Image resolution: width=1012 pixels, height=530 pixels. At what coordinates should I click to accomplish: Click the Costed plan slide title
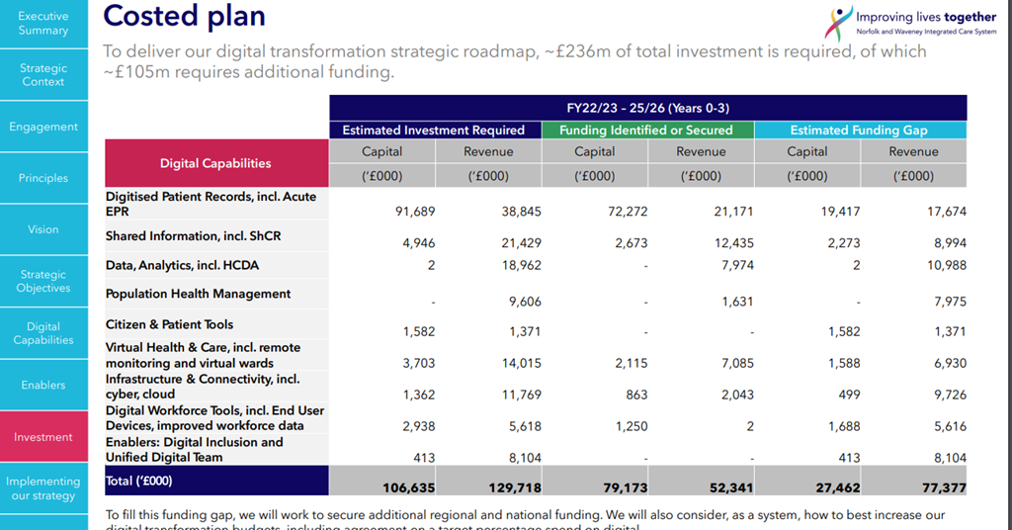(184, 17)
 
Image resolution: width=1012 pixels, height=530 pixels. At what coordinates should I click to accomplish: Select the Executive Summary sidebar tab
(43, 24)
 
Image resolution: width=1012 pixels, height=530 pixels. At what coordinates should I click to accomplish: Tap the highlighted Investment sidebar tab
(43, 437)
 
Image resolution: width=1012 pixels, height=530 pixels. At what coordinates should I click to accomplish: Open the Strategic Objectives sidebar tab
(43, 282)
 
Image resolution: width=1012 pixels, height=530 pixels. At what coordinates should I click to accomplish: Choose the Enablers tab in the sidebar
(43, 385)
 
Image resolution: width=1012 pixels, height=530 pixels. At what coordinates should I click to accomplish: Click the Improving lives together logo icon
(839, 22)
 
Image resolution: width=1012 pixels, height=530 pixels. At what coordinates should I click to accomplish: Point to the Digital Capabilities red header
(215, 163)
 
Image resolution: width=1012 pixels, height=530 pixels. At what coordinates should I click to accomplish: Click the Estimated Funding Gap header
(860, 130)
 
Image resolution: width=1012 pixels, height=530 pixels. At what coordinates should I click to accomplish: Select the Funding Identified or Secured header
(646, 130)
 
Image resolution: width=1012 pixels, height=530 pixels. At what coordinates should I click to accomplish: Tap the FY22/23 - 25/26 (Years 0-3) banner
(647, 108)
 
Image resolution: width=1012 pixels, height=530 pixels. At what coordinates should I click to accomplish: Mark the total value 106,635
(408, 487)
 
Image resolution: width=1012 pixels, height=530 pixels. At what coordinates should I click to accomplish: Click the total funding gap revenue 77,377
(940, 487)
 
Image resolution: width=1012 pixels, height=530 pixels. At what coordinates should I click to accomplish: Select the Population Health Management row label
(198, 294)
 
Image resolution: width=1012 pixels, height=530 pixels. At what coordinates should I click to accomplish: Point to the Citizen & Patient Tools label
(169, 324)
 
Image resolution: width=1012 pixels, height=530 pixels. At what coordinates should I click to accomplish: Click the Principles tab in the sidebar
(43, 178)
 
